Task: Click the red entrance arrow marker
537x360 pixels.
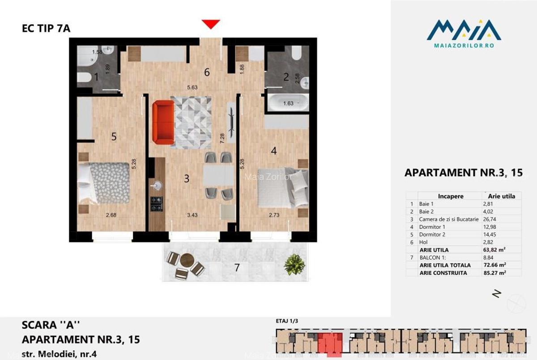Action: tap(210, 24)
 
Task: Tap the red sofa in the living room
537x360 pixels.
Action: tap(162, 122)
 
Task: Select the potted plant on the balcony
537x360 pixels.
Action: tap(294, 264)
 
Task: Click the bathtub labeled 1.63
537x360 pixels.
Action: tap(288, 102)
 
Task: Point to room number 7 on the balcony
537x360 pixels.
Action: tap(237, 268)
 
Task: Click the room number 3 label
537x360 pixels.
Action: tap(187, 178)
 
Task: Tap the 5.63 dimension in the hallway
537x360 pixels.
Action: tap(192, 88)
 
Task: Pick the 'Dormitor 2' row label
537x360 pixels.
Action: tap(432, 234)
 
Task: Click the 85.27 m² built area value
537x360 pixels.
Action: tap(496, 272)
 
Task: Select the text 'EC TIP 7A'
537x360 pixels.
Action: tap(46, 29)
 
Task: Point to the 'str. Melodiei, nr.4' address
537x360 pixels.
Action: tap(59, 354)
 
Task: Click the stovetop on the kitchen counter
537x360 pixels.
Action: tap(157, 203)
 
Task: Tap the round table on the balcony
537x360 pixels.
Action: tap(187, 260)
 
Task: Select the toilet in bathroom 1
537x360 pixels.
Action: tap(84, 77)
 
